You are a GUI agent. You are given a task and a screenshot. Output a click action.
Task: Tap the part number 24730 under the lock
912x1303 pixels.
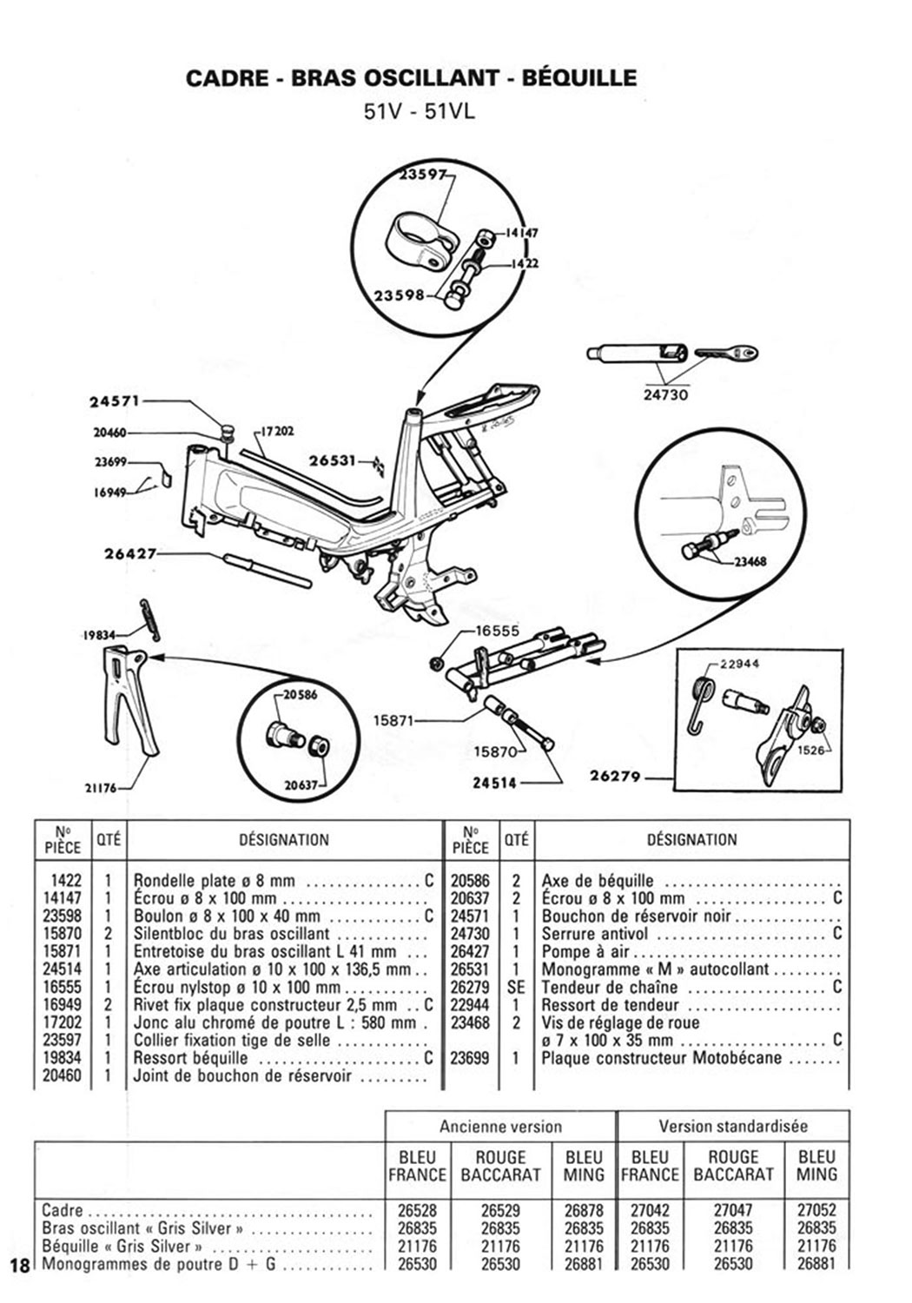click(665, 394)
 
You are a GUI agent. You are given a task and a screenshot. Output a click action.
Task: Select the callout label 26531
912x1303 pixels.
click(333, 460)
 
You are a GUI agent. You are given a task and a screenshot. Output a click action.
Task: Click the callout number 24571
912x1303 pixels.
click(114, 401)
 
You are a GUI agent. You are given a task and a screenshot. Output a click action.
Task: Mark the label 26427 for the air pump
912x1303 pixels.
click(130, 553)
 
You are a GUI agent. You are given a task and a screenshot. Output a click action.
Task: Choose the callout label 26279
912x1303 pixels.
click(615, 776)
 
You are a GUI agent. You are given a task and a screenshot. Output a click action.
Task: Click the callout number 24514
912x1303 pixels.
click(494, 783)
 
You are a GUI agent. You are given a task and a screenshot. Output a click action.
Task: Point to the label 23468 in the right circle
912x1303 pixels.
click(750, 561)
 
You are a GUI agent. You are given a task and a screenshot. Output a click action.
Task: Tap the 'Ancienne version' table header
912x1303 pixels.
click(500, 1126)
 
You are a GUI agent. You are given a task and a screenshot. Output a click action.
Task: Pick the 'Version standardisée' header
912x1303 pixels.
click(733, 1126)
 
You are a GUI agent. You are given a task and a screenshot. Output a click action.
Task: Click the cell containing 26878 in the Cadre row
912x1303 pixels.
click(584, 1210)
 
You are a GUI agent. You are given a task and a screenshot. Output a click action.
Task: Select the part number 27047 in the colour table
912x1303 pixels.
click(733, 1210)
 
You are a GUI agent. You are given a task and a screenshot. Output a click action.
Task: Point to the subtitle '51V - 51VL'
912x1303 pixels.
click(420, 111)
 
